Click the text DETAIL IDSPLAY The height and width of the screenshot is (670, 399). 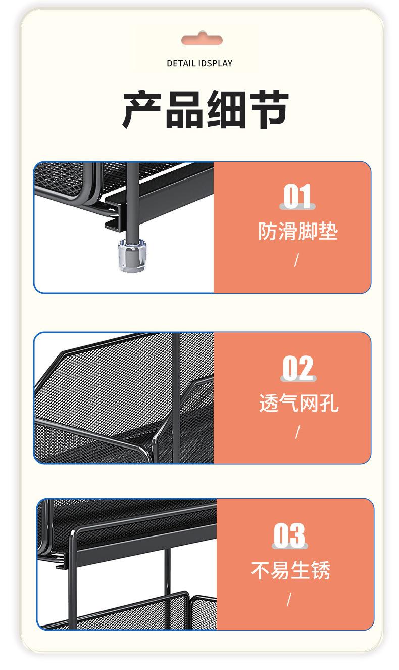point(199,63)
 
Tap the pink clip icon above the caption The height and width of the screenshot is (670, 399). point(202,39)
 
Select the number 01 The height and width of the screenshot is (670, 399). point(297,197)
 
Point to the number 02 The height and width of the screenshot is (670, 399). point(298,368)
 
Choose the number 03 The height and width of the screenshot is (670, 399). point(290,535)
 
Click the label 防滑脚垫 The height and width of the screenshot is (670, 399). point(297,231)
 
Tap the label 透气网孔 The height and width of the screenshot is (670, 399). point(298,403)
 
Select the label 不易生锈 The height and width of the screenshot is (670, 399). point(290,570)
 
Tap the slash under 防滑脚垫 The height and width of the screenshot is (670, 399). point(296,260)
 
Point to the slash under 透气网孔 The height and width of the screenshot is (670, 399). point(297,432)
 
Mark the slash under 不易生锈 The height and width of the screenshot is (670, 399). point(289,599)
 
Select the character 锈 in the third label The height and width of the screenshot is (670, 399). point(321,570)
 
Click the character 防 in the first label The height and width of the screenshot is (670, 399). point(268,231)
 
